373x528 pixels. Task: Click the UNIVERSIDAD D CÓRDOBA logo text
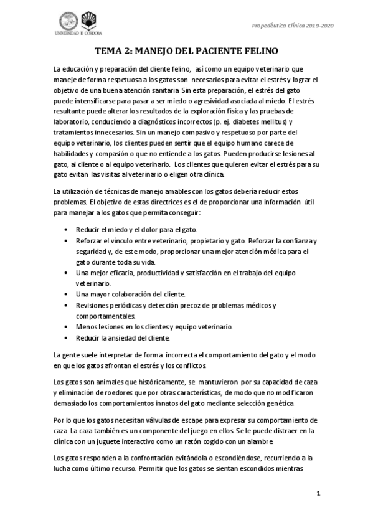pyautogui.click(x=79, y=33)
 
